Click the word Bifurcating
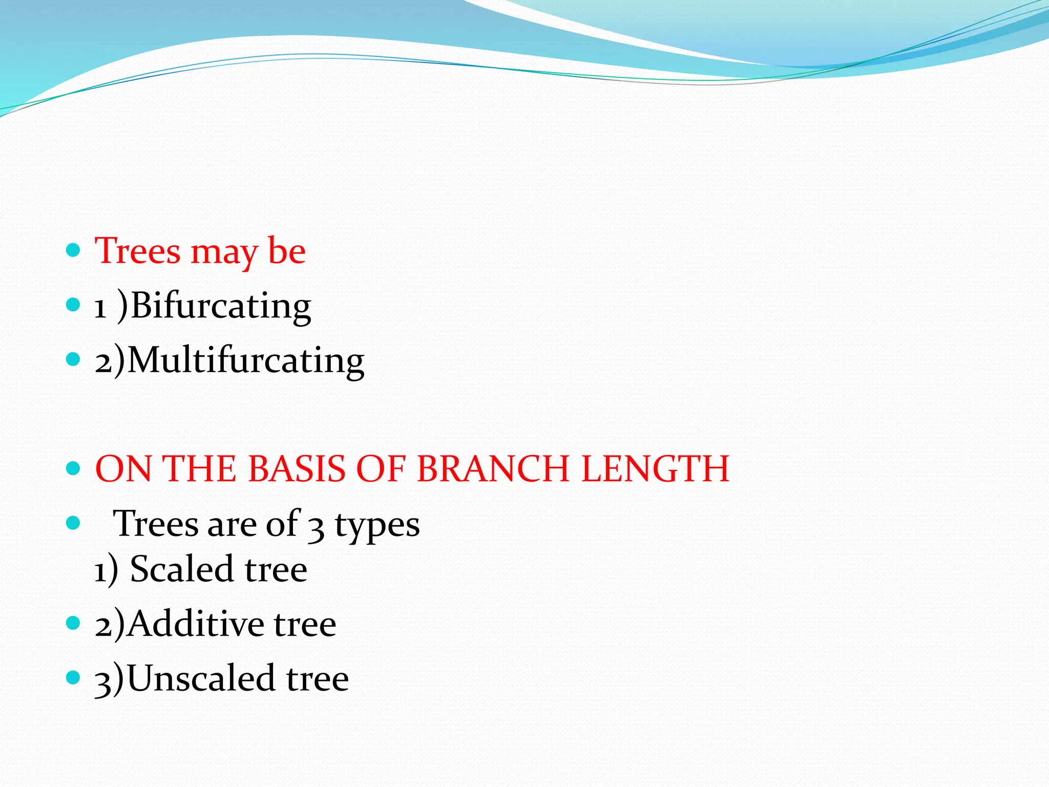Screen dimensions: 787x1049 [x=221, y=306]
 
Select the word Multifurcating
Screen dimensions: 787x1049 [x=246, y=360]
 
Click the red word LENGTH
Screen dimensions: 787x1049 [x=655, y=469]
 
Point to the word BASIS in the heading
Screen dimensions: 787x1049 [x=297, y=469]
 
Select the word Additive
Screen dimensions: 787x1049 [x=196, y=624]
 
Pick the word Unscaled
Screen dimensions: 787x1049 [x=201, y=678]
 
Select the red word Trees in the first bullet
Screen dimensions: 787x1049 [x=138, y=251]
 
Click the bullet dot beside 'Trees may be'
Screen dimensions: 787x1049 [x=74, y=250]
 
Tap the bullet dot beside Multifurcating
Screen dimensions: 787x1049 [x=74, y=359]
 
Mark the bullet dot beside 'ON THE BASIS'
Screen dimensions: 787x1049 [x=74, y=468]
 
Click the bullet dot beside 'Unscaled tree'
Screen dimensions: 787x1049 [x=74, y=678]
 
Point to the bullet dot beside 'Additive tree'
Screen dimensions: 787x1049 [x=74, y=623]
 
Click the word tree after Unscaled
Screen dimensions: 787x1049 [x=318, y=678]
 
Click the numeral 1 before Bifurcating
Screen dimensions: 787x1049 [x=100, y=307]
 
